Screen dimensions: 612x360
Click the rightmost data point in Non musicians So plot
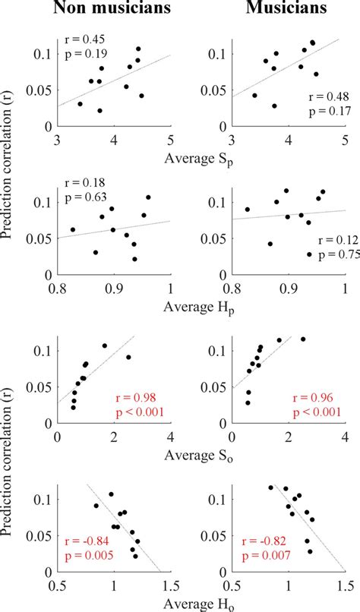[128, 357]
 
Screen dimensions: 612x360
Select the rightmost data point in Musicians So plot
[303, 339]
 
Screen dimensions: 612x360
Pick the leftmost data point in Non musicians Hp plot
[73, 229]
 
